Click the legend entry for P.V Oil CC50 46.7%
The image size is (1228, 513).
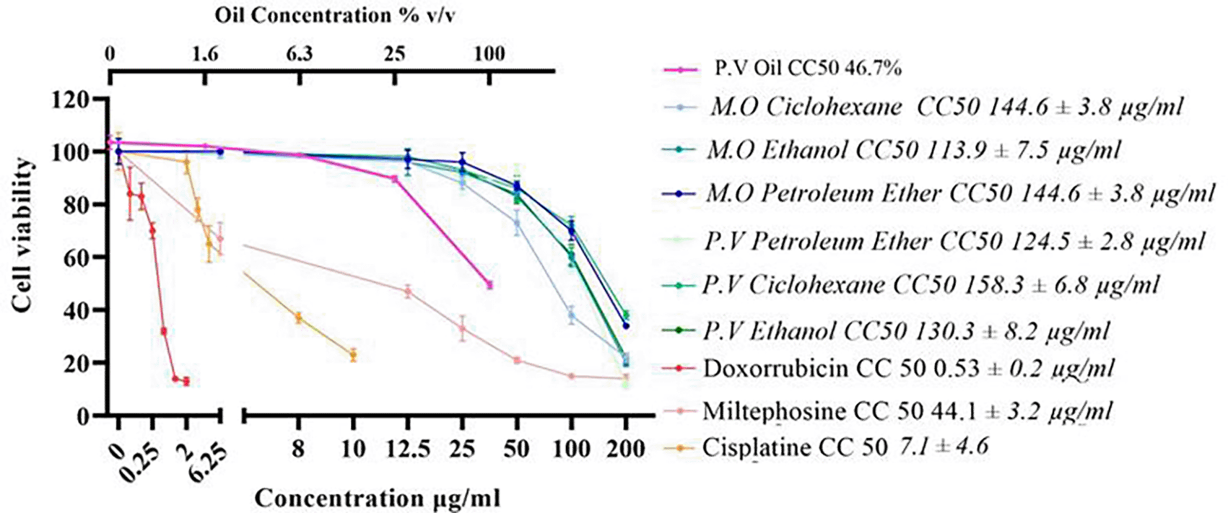pyautogui.click(x=808, y=69)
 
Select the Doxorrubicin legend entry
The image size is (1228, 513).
pyautogui.click(x=907, y=368)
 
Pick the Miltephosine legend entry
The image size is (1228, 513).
pyautogui.click(x=906, y=411)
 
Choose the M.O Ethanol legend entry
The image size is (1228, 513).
pyautogui.click(x=913, y=150)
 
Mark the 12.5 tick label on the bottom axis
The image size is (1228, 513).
pyautogui.click(x=406, y=450)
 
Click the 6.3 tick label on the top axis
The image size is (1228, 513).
pyautogui.click(x=299, y=55)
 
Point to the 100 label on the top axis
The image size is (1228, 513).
pyautogui.click(x=489, y=55)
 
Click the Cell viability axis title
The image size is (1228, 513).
pyautogui.click(x=23, y=234)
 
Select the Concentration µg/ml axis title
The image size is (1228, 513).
pyautogui.click(x=378, y=498)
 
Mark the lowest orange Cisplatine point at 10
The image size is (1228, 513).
pyautogui.click(x=353, y=355)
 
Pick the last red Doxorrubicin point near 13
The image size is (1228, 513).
pyautogui.click(x=186, y=381)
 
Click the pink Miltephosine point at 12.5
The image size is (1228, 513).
pyautogui.click(x=408, y=291)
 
